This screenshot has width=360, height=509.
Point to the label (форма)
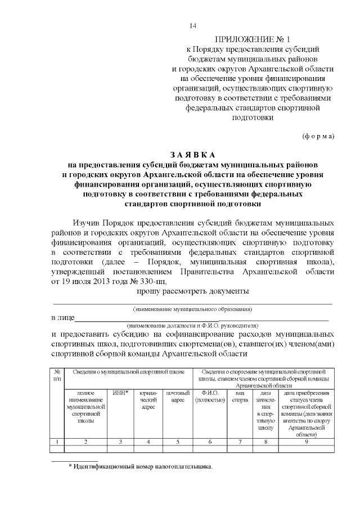(318, 136)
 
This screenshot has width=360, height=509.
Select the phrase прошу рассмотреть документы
(192, 291)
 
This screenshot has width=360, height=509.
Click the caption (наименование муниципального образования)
(192, 309)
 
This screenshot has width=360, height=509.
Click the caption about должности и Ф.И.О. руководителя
(192, 326)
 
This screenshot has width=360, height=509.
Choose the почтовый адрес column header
(178, 396)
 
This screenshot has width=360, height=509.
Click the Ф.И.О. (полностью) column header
(210, 396)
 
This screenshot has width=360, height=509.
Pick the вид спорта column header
(240, 396)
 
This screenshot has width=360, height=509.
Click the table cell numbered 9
(306, 442)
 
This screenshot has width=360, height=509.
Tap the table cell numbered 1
(57, 442)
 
